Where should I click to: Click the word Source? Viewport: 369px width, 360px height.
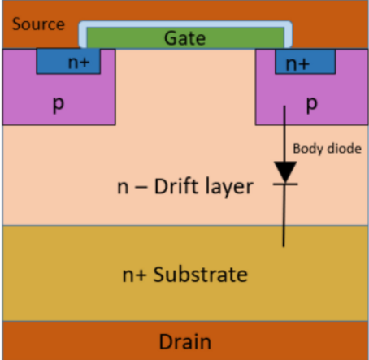click(x=38, y=24)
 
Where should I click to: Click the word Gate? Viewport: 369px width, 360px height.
click(x=184, y=37)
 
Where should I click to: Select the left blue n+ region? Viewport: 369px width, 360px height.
click(x=68, y=62)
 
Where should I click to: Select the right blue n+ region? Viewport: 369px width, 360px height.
click(x=305, y=62)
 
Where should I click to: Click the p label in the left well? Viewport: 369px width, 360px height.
click(x=58, y=106)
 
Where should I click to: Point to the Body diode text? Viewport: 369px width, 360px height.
click(x=324, y=149)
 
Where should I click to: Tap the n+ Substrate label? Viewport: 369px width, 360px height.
click(x=184, y=274)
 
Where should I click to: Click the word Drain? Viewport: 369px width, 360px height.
click(x=184, y=341)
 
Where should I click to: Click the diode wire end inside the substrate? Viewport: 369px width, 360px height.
click(x=284, y=244)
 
